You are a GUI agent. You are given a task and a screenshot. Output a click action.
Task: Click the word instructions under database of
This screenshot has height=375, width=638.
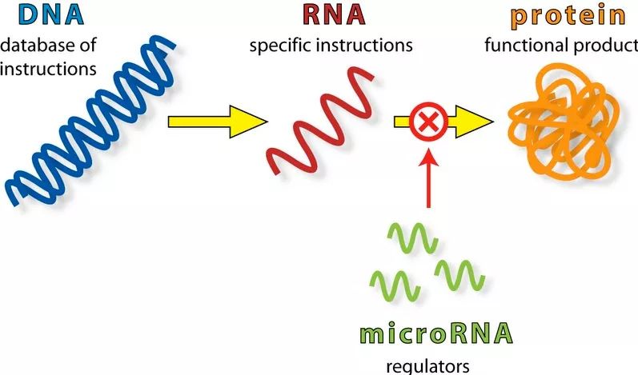[x=48, y=69]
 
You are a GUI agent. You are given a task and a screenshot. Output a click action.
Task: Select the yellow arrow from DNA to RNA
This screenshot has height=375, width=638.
[x=216, y=122]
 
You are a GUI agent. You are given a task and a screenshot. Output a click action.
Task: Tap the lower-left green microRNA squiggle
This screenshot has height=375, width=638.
[x=395, y=281]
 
